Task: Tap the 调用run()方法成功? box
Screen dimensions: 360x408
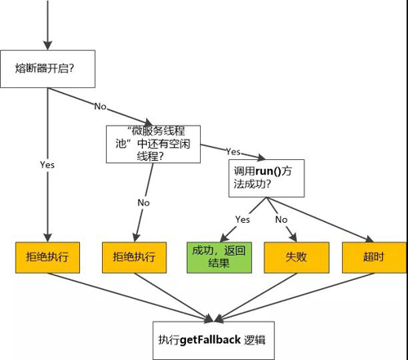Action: click(266, 176)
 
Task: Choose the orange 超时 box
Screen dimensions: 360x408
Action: click(373, 257)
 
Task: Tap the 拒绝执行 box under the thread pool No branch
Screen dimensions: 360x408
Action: click(134, 257)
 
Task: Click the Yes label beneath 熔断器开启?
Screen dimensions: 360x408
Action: click(47, 164)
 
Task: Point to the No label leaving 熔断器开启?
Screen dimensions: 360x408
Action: click(100, 106)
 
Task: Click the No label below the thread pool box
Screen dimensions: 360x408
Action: click(144, 202)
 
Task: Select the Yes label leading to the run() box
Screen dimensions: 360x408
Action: click(232, 152)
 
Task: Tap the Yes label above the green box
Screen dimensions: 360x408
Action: click(242, 220)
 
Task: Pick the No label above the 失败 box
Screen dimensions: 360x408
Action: click(280, 220)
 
